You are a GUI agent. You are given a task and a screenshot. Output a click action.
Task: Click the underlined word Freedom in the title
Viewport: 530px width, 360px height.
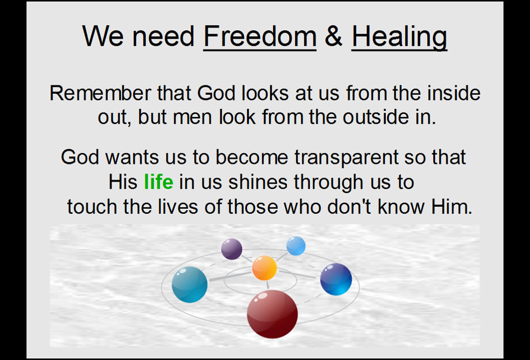pos(260,36)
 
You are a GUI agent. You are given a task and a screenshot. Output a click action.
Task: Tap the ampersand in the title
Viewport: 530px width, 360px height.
pos(333,36)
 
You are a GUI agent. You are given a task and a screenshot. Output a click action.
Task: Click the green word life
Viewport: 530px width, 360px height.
pos(159,182)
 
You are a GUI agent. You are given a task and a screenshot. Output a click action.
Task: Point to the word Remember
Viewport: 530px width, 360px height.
pos(100,93)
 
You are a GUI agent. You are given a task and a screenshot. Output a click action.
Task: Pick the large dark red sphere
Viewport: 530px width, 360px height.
pos(272,314)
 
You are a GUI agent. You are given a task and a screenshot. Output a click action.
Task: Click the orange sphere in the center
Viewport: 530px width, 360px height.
pos(265,268)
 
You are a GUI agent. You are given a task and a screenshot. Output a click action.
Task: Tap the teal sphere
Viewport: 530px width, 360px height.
pos(190,284)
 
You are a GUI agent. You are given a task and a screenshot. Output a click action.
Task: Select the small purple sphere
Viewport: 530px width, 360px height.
pos(232,249)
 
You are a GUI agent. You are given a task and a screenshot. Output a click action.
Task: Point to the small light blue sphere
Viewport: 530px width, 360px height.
pos(296,246)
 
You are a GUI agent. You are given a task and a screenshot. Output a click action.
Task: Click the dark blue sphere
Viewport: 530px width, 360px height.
pos(336,279)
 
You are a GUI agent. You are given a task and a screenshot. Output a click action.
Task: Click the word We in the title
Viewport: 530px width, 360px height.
pos(103,36)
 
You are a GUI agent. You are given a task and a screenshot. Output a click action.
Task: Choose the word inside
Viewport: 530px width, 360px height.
pos(454,93)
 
